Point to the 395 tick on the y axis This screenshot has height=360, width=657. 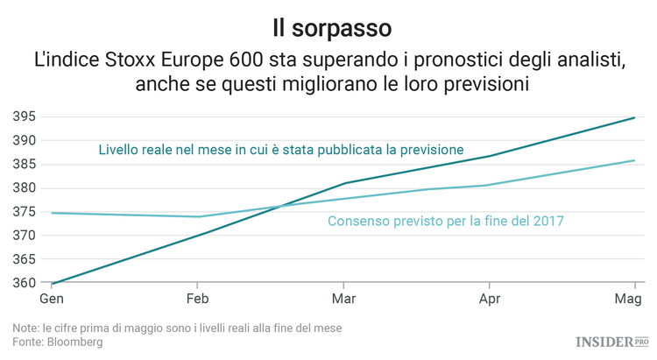(24, 116)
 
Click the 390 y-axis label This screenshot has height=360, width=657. (24, 140)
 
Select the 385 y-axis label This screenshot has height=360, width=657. (24, 164)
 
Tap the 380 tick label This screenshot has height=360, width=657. (24, 187)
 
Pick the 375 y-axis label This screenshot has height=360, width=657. (24, 212)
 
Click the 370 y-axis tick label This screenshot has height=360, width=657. (24, 236)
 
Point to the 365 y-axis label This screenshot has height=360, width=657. (24, 259)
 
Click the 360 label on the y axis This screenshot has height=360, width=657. (24, 283)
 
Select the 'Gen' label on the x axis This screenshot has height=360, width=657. (52, 300)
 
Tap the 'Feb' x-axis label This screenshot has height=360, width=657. (199, 300)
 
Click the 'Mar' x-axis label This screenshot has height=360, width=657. (344, 300)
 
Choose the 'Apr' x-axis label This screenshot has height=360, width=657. (490, 300)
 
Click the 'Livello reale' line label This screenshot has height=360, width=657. (280, 149)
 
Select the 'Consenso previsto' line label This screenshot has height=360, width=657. (445, 222)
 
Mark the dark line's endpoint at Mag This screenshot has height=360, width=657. (634, 117)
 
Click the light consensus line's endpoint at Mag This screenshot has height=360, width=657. (634, 160)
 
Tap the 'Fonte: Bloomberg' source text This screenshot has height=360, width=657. (58, 342)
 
